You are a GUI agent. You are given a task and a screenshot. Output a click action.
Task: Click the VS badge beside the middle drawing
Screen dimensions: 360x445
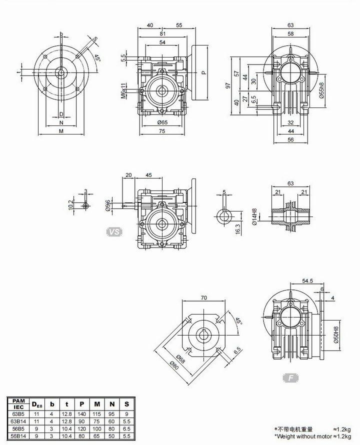pos(114,232)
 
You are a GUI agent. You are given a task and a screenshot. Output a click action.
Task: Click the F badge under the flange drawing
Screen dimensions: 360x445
pos(291,377)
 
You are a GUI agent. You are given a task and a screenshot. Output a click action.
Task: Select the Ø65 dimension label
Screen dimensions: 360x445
pos(162,122)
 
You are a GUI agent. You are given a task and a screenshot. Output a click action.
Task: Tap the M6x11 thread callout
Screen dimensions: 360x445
pos(123,91)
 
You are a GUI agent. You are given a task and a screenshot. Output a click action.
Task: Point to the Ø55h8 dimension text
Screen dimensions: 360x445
pos(321,90)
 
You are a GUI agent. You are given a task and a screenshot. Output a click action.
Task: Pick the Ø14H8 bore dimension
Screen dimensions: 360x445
pos(254,217)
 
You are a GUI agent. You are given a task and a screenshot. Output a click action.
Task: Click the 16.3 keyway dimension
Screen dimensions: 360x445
pos(238,228)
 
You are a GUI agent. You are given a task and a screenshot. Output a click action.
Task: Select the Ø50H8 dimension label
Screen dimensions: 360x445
pos(336,335)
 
